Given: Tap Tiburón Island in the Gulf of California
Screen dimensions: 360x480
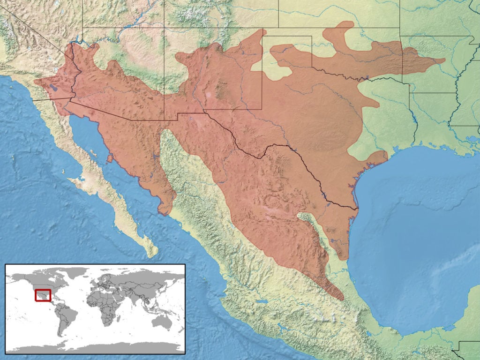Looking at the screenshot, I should point(110,158).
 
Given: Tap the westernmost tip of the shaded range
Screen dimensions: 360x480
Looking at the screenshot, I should point(35,84).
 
